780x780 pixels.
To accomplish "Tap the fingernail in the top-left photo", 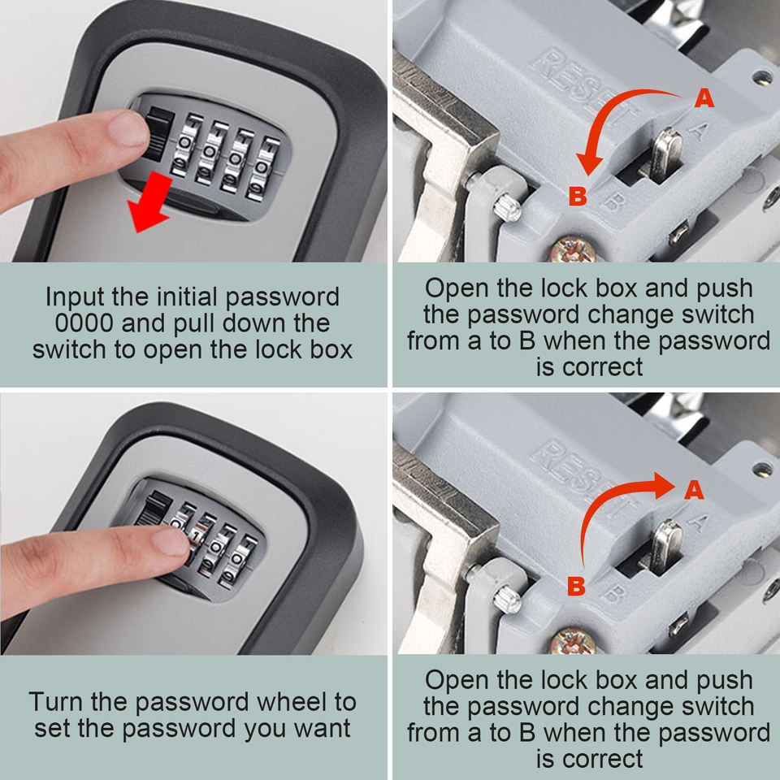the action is tap(128, 128).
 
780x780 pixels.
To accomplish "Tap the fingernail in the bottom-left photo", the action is tap(170, 541).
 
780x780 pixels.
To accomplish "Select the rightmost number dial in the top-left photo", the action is tap(262, 169).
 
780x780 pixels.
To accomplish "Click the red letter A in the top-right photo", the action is tap(704, 98).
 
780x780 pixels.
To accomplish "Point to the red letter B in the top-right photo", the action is tap(578, 196).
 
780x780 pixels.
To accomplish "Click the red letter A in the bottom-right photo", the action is tap(694, 489).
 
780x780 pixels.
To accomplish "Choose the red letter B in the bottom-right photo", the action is tap(576, 586).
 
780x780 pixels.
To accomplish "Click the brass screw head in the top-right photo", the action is tap(574, 250).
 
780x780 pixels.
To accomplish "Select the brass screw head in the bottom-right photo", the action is tap(573, 642).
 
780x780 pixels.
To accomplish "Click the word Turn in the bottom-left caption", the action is tap(56, 702).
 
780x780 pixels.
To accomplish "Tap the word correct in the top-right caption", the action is tap(602, 367).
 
